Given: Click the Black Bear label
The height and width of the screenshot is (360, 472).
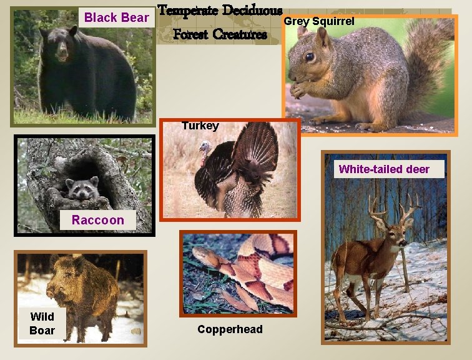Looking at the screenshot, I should [x=117, y=17].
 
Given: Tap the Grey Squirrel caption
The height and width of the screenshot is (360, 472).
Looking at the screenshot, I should [x=319, y=22].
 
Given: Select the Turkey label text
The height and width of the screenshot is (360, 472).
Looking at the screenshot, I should [x=200, y=126].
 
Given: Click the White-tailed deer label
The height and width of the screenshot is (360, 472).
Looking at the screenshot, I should [x=384, y=169].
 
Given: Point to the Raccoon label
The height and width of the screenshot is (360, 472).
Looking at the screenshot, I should [x=97, y=220].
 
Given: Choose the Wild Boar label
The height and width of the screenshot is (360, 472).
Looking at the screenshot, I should [x=42, y=324].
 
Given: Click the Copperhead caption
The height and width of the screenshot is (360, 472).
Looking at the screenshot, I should [x=230, y=329].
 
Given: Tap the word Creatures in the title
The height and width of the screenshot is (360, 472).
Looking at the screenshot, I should [x=239, y=34].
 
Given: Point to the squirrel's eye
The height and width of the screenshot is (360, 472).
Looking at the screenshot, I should [x=310, y=57].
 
